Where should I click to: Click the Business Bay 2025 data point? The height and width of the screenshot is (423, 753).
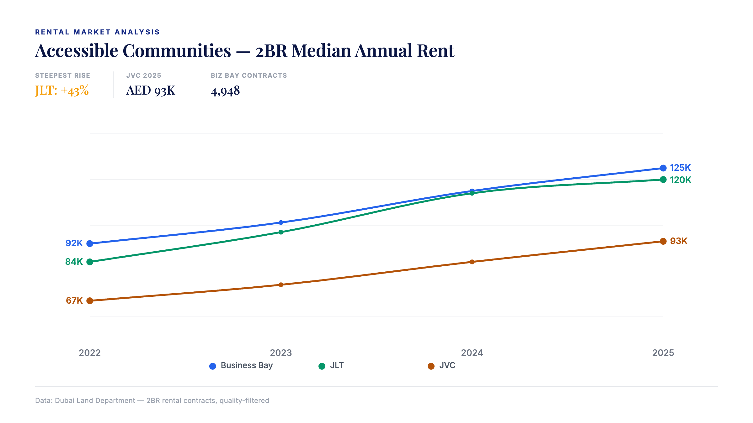[x=663, y=168]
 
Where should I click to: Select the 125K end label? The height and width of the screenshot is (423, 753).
[x=680, y=168]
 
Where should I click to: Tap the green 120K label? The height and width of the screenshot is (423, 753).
[x=681, y=180]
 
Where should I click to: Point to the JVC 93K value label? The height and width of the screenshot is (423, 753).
[x=679, y=241]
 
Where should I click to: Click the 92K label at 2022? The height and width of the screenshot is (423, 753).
[x=74, y=243]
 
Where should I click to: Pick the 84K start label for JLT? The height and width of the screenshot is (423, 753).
[x=74, y=262]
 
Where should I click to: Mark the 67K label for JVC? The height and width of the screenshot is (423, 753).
[x=74, y=301]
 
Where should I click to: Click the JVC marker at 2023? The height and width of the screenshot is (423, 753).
[x=281, y=285]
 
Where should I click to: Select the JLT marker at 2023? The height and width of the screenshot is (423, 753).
[x=281, y=232]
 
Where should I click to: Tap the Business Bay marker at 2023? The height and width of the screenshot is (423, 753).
[x=281, y=223]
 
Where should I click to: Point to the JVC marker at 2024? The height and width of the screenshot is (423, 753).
[x=472, y=262]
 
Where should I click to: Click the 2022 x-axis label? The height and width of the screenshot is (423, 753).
[x=90, y=353]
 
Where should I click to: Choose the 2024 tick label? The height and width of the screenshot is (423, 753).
[x=472, y=353]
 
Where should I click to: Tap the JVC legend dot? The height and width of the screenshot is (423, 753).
[x=431, y=366]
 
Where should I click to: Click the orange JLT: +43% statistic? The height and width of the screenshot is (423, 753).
[x=62, y=91]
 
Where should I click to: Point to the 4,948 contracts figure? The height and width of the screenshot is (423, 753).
[x=225, y=91]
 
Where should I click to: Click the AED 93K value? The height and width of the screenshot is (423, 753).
[x=151, y=91]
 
